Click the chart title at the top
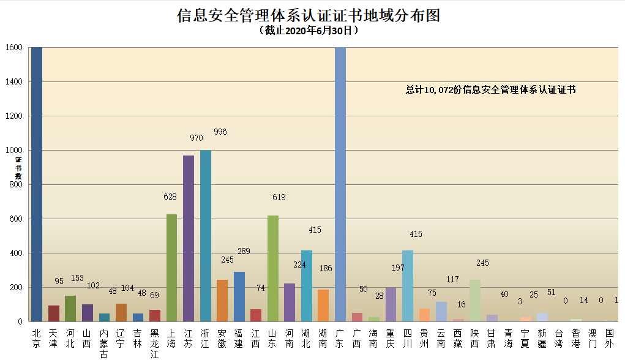click(x=309, y=15)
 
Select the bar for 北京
click(x=37, y=184)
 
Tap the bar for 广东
click(x=340, y=184)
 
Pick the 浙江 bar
click(x=206, y=236)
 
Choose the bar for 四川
click(x=408, y=286)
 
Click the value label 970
click(x=196, y=138)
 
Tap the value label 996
click(x=220, y=132)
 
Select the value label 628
click(x=170, y=197)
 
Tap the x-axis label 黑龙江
click(x=155, y=343)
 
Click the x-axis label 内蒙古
click(x=104, y=343)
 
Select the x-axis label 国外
click(x=610, y=338)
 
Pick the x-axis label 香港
click(x=576, y=338)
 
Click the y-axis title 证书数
click(x=18, y=168)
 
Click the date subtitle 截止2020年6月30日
click(x=309, y=30)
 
